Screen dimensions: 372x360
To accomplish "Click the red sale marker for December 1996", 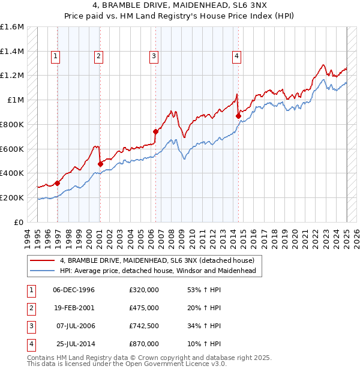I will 57,183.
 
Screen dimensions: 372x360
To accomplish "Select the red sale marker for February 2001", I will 100,164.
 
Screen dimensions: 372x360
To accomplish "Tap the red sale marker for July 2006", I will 155,131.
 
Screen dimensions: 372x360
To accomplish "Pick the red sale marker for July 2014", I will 238,116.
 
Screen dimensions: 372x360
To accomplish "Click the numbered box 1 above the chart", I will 55,56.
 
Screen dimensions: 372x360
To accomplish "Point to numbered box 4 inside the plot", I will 237,56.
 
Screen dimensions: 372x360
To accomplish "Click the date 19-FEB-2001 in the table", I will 74,308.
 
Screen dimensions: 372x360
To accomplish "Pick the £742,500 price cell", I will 144,326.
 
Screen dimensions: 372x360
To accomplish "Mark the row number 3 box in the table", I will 31,326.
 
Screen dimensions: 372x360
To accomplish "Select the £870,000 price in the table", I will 144,344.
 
